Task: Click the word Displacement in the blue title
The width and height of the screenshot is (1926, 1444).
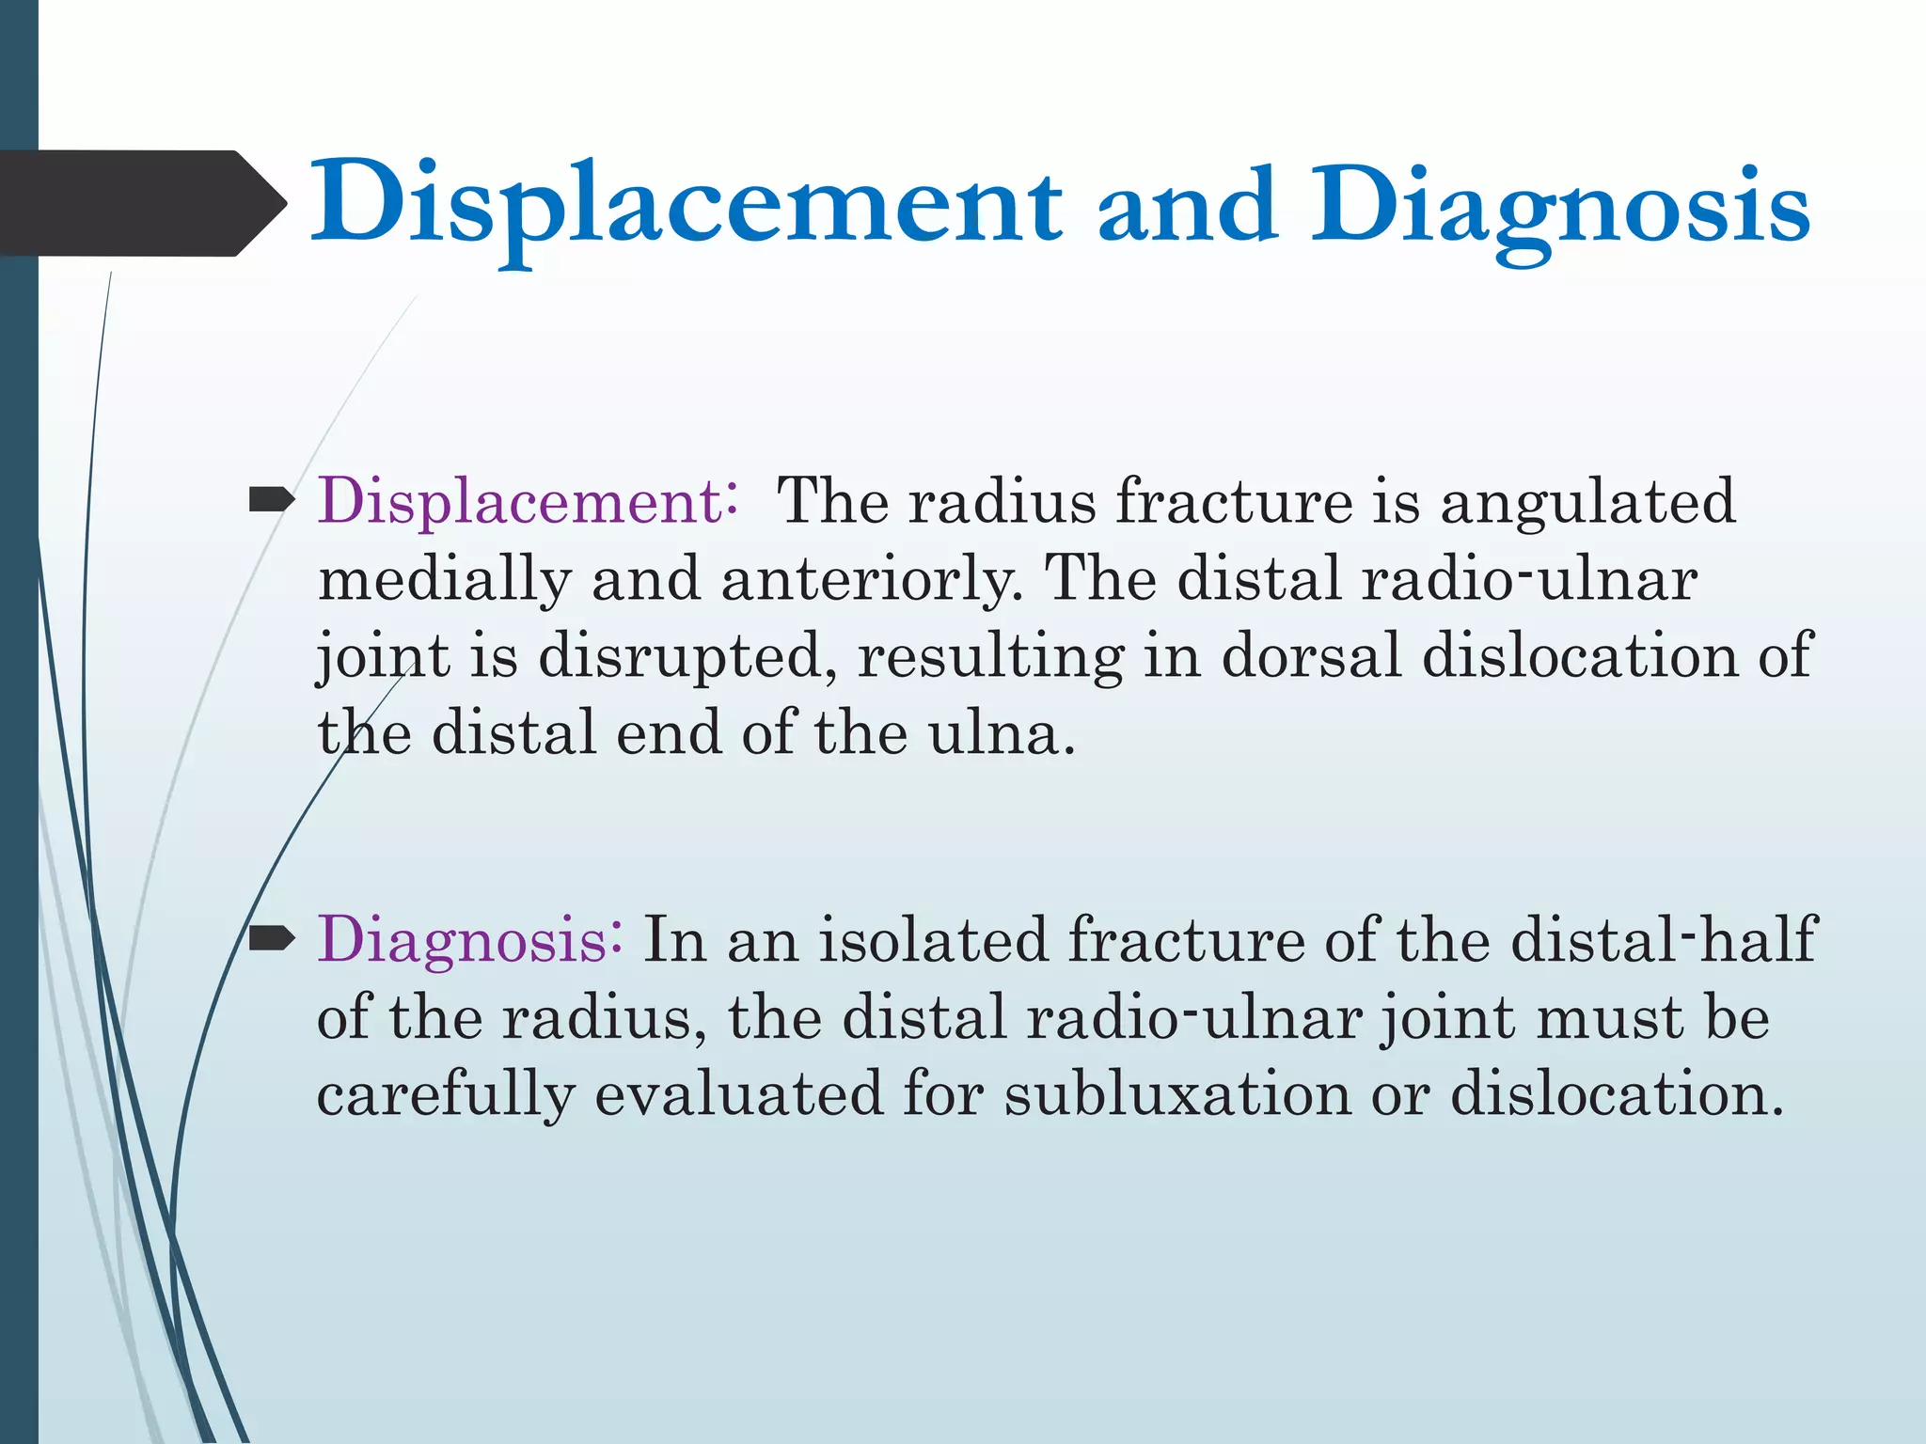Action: tap(687, 205)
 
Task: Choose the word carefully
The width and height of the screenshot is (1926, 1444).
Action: tap(445, 1094)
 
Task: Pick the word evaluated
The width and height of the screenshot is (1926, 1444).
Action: tap(739, 1094)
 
